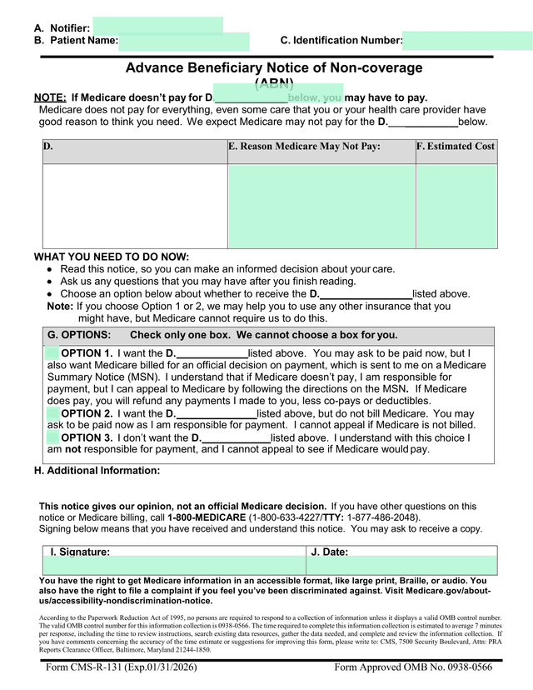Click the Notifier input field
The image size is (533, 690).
point(157,25)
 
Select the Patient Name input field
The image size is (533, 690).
point(183,41)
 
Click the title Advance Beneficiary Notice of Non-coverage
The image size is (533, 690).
point(274,68)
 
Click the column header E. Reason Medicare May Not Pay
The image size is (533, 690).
point(304,147)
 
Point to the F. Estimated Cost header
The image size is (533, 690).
point(456,147)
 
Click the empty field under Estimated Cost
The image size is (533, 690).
point(456,206)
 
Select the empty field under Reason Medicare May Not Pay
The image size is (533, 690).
point(321,206)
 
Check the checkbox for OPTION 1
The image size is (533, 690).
point(52,353)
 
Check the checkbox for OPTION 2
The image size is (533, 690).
point(52,413)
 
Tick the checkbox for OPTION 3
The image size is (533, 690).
point(52,437)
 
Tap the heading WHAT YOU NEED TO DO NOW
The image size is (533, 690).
point(112,257)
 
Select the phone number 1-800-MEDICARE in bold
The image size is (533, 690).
point(207,517)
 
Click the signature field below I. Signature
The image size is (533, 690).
point(174,566)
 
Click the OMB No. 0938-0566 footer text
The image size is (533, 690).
point(413,667)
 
